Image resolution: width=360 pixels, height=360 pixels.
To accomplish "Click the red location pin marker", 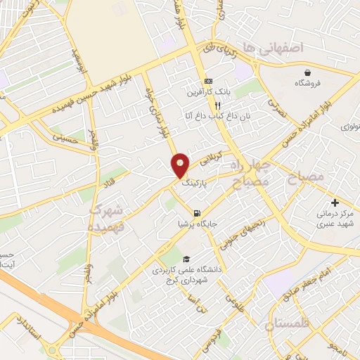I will (x=181, y=165).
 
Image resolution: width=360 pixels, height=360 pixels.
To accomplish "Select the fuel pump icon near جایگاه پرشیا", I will (x=196, y=213).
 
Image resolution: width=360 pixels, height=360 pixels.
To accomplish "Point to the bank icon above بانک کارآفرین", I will (x=208, y=82).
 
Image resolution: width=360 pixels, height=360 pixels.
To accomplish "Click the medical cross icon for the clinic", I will (x=335, y=202).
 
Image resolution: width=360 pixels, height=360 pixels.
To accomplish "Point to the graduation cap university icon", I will (x=186, y=259).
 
